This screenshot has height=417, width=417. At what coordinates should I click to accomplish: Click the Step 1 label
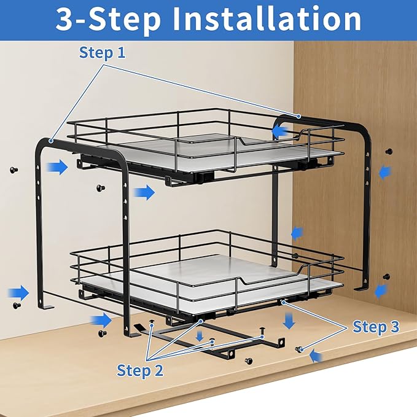coord(102,53)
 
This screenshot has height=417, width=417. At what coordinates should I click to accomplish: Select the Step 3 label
coord(376,327)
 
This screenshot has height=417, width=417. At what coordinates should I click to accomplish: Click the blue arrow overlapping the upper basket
coord(281,131)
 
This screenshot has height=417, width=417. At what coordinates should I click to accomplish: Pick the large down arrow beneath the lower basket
coord(289,320)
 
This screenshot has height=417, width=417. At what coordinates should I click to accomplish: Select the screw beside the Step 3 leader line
coord(300,349)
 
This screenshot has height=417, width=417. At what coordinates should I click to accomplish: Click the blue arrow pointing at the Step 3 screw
coord(315,355)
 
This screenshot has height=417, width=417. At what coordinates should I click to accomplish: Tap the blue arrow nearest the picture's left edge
coord(19,290)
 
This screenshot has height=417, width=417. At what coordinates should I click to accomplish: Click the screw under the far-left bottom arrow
coord(17,305)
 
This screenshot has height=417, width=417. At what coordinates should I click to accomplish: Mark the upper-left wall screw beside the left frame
coord(14,170)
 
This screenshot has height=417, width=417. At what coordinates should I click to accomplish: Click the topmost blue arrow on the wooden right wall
coord(384,173)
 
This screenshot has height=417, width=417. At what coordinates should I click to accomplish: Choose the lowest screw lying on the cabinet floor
coord(249,360)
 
